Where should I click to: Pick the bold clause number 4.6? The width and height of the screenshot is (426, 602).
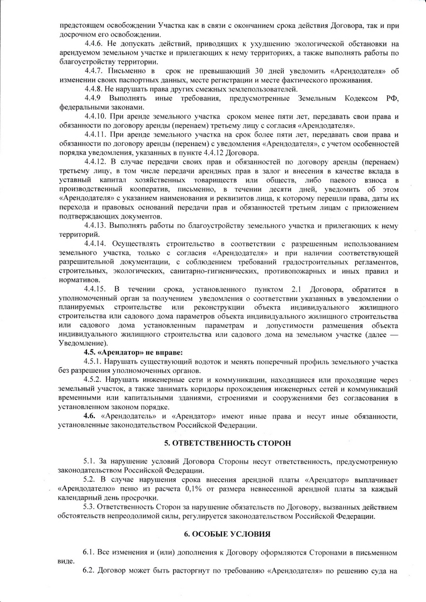pyautogui.click(x=89, y=416)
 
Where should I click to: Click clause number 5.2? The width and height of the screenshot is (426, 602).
pyautogui.click(x=90, y=479)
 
